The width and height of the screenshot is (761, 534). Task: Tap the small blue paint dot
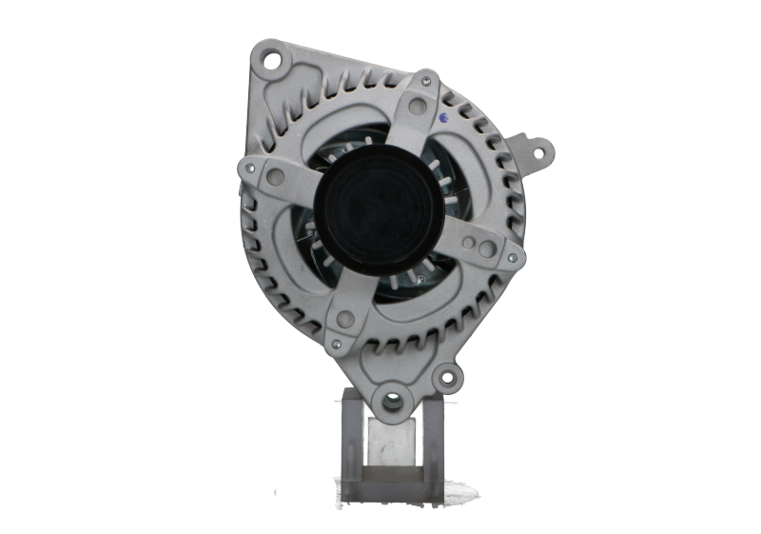click(445, 118)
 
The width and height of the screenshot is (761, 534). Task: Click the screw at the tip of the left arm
click(248, 168)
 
